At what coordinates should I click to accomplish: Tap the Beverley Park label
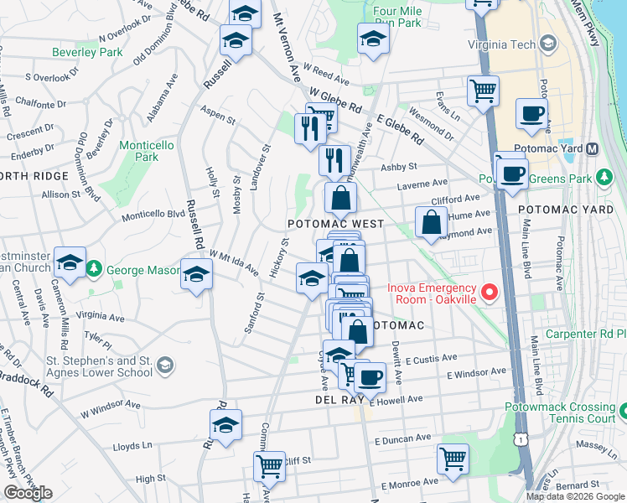tap(87, 52)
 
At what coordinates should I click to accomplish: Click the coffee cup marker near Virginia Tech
tap(531, 113)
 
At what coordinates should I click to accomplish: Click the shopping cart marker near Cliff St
tap(270, 464)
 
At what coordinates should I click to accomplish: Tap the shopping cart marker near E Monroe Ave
tap(453, 458)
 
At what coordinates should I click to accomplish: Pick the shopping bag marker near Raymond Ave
tap(431, 222)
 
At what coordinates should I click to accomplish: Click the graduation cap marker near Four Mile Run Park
tap(373, 37)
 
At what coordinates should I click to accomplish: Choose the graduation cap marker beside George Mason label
tap(197, 274)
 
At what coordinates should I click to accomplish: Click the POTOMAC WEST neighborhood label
tap(335, 224)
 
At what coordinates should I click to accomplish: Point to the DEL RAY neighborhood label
tap(314, 401)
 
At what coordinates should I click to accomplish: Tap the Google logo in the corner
tap(28, 493)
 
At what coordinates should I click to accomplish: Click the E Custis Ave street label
tap(431, 359)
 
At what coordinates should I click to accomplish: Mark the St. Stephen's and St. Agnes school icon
tap(165, 365)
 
